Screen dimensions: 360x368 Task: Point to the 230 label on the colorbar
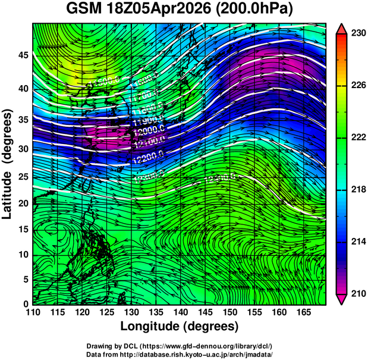(x=358, y=34)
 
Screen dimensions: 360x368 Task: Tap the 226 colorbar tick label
(x=358, y=86)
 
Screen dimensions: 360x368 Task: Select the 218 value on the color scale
(x=358, y=190)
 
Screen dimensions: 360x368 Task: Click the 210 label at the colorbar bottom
(x=358, y=293)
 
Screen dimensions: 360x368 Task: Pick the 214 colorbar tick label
(x=358, y=242)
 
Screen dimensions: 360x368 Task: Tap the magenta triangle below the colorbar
(x=342, y=299)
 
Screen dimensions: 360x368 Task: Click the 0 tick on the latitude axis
(x=25, y=303)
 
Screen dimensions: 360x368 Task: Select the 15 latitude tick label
(x=23, y=229)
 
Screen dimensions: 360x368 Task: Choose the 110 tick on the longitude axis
(x=33, y=312)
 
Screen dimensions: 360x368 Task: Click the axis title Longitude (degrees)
(x=180, y=326)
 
